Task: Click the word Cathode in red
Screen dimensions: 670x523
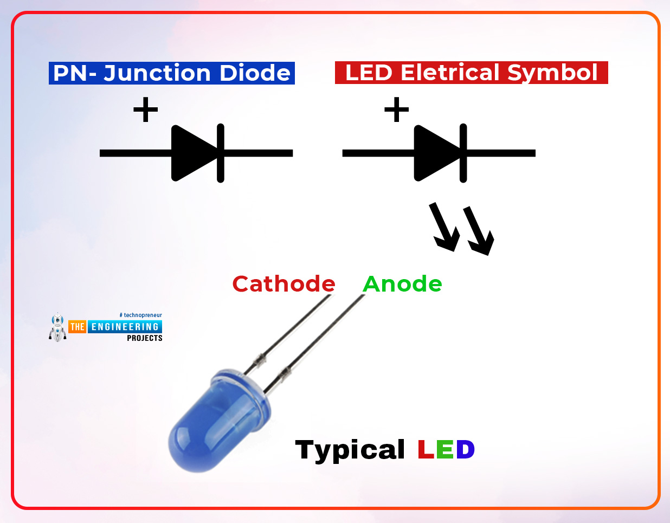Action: pyautogui.click(x=284, y=283)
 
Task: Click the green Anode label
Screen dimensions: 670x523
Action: pyautogui.click(x=402, y=283)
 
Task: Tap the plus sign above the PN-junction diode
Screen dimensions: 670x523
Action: pyautogui.click(x=145, y=109)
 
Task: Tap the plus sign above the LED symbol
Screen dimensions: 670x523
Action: pyautogui.click(x=396, y=109)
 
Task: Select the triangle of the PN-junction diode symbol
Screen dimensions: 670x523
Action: pyautogui.click(x=192, y=153)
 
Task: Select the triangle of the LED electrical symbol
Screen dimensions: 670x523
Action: pyautogui.click(x=435, y=153)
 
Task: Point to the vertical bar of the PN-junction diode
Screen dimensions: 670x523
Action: pyautogui.click(x=221, y=153)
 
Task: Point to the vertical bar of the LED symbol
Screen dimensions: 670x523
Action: pyautogui.click(x=463, y=153)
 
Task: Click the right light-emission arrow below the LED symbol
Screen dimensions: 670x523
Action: pyautogui.click(x=479, y=230)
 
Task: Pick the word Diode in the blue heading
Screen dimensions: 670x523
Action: pyautogui.click(x=255, y=73)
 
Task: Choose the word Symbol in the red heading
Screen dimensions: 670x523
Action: pyautogui.click(x=552, y=73)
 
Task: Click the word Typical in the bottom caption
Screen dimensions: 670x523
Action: pyautogui.click(x=350, y=450)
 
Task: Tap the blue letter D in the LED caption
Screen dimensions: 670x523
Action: pyautogui.click(x=465, y=449)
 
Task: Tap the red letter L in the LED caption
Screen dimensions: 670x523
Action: pyautogui.click(x=426, y=449)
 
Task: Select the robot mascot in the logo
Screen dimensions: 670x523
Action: pyautogui.click(x=57, y=327)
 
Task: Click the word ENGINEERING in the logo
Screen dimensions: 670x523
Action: pyautogui.click(x=125, y=327)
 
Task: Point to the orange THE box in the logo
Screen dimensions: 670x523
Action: pyautogui.click(x=77, y=327)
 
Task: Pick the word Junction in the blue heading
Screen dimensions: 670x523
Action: pyautogui.click(x=157, y=73)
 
